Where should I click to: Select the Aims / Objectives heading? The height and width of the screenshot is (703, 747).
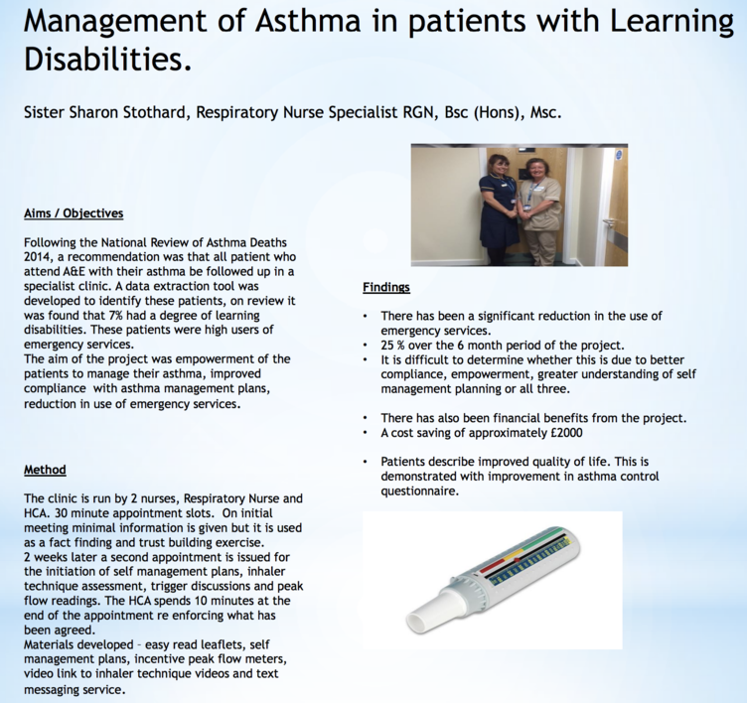[74, 213]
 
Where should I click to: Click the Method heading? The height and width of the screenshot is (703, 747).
[46, 470]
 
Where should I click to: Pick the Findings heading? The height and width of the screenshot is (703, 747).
[386, 287]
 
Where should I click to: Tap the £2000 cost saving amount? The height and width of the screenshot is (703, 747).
[566, 433]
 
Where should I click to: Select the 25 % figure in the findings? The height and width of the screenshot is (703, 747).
[393, 345]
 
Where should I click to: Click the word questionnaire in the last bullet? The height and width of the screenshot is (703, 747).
[419, 492]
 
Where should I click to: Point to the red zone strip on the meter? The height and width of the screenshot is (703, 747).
[497, 566]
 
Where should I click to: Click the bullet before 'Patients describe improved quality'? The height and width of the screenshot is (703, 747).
[365, 462]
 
